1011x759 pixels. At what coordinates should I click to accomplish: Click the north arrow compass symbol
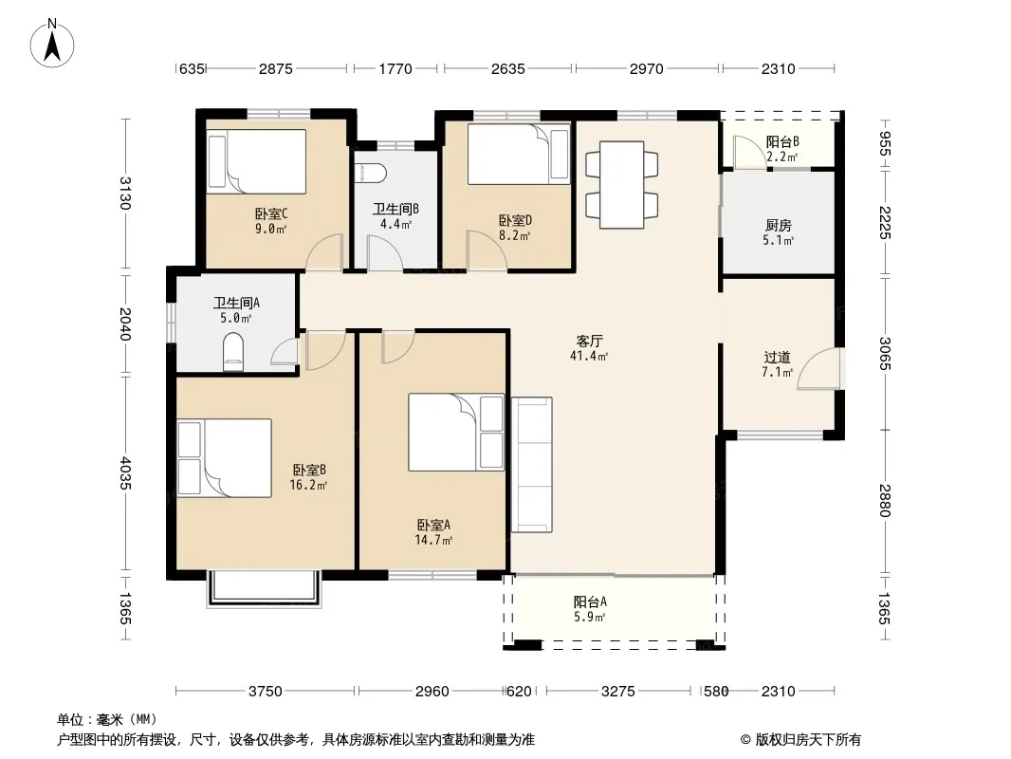pos(52,44)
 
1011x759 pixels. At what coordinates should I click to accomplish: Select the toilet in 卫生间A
pos(233,352)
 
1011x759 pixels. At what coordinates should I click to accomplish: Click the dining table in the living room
pos(621,184)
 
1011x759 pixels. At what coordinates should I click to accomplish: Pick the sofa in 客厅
pos(532,464)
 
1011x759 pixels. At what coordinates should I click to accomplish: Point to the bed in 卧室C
pos(257,161)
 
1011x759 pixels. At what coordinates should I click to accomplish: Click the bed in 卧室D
pos(519,154)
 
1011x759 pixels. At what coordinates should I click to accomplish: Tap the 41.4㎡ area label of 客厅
pos(589,356)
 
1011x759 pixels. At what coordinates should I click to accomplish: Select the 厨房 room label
pos(779,225)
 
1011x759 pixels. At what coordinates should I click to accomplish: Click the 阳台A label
pos(590,602)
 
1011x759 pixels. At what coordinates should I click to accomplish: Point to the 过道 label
pos(777,357)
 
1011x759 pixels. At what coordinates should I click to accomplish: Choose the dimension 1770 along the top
pos(395,68)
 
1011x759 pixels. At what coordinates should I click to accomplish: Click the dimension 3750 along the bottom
pos(265,692)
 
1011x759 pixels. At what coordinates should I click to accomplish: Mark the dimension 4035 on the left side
pos(126,473)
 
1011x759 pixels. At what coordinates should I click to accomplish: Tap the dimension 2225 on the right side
pos(885,222)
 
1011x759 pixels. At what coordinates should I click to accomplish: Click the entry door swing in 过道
pos(818,369)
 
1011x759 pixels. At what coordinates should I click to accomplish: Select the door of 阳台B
pos(750,154)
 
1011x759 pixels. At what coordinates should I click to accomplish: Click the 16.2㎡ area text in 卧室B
pos(308,485)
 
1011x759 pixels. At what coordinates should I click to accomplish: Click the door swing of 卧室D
pos(487,250)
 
